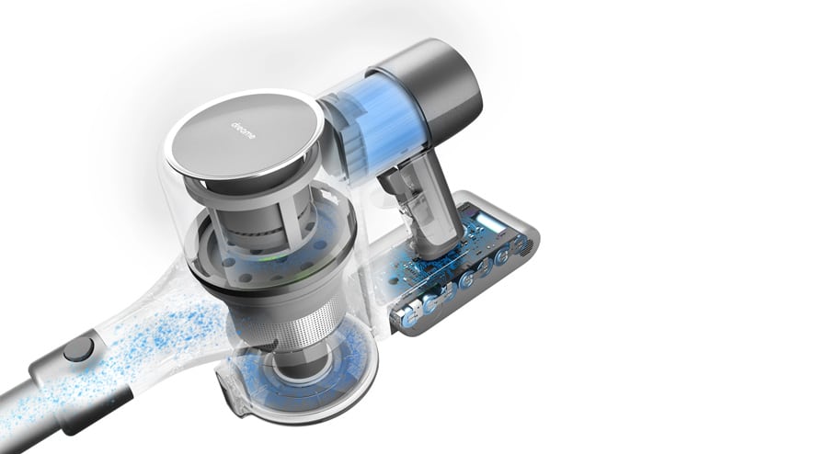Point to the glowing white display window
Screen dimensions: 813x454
490,224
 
